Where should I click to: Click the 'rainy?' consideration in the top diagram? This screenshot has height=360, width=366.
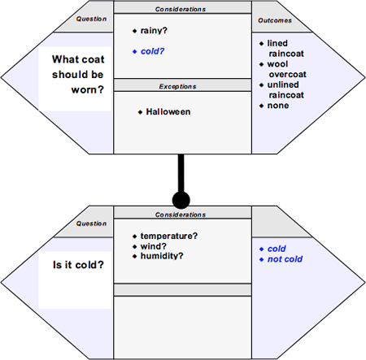coord(154,31)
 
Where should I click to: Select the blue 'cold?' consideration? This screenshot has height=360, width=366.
coord(152,51)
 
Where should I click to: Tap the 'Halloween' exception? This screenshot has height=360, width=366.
coord(168,111)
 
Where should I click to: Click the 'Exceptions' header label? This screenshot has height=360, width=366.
coord(177,86)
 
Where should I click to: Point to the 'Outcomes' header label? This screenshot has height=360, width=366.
coord(275,20)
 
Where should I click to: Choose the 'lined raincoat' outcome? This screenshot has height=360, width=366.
coord(285,48)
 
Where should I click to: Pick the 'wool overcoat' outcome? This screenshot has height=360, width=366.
coord(286,69)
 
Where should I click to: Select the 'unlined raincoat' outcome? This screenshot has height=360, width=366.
coord(285,89)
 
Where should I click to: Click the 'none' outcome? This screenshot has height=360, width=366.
coord(278,106)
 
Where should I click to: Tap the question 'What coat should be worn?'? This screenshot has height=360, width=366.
coord(78,75)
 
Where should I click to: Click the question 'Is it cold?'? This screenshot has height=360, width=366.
coord(78,265)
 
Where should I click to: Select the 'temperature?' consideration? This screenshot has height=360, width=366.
coord(169,236)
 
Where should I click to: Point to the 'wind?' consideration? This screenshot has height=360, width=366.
coord(154,246)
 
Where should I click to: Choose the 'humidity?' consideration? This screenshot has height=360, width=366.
coord(162,256)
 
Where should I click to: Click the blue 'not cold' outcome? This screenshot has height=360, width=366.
coord(285,259)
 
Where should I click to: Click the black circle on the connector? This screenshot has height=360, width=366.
coord(181,200)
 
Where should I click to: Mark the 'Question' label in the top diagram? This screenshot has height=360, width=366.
coord(91,19)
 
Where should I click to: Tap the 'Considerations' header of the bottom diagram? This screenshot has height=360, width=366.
coord(181,215)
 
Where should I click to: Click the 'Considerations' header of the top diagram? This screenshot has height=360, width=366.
coord(181,9)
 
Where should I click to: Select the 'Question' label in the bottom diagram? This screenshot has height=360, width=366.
coord(91,223)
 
